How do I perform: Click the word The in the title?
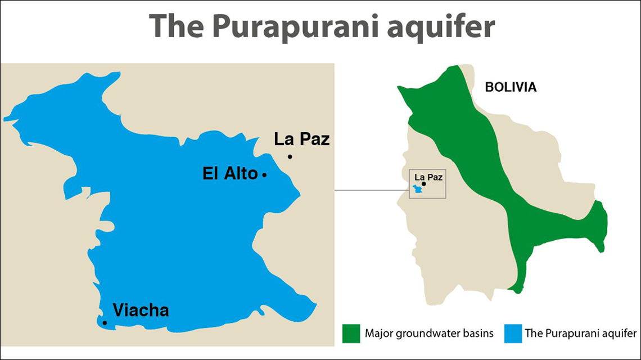(x=174, y=26)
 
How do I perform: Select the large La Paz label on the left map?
(x=302, y=139)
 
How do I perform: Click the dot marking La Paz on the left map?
(x=290, y=156)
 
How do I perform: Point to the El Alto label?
(x=229, y=174)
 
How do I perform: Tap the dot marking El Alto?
(x=264, y=175)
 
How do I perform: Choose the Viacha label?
(x=141, y=310)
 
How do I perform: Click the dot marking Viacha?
(x=105, y=322)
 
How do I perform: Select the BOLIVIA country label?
(x=511, y=87)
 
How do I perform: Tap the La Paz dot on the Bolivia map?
(x=424, y=184)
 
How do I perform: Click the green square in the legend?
(x=351, y=333)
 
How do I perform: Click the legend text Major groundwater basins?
(x=429, y=334)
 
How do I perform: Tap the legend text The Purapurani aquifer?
(x=580, y=334)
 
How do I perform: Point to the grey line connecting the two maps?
(x=371, y=190)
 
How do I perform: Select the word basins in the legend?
(x=480, y=334)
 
